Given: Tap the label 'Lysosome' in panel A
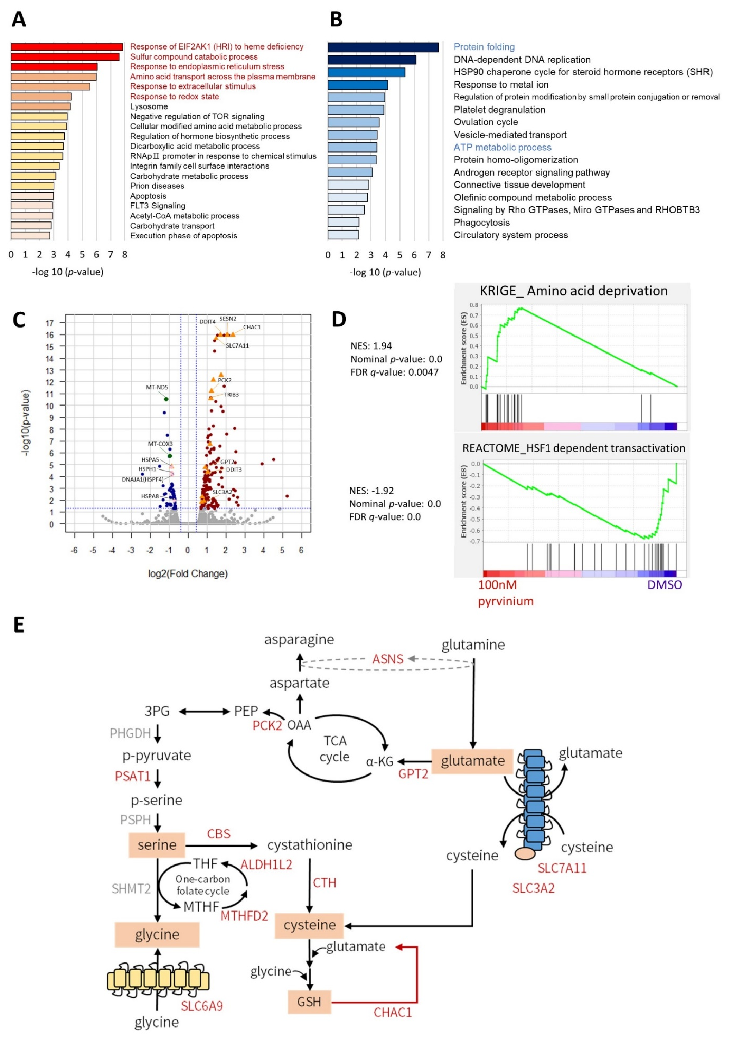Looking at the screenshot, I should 149,107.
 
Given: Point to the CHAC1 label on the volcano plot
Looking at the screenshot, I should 252,327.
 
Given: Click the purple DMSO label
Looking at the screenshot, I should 664,585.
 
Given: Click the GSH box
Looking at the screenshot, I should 309,1002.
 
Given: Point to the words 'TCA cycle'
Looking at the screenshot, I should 334,749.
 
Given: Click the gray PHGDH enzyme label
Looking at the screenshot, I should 130,733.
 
